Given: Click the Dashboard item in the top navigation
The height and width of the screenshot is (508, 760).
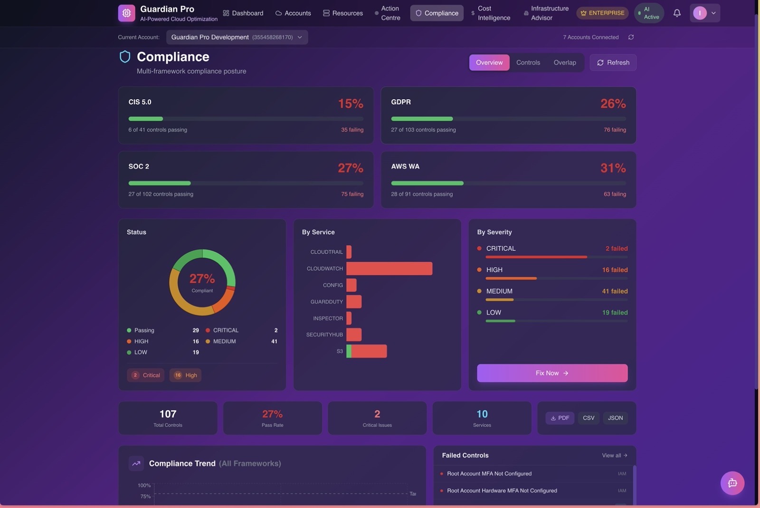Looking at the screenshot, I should tap(243, 13).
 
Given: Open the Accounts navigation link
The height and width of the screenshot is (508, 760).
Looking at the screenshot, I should tap(293, 13).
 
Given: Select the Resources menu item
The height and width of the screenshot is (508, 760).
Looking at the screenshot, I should tap(343, 13).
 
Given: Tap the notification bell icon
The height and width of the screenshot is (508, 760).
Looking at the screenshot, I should tap(677, 13).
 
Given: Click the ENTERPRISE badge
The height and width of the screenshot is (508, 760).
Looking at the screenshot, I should tap(602, 13).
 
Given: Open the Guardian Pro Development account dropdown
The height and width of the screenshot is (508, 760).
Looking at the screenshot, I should tap(237, 37).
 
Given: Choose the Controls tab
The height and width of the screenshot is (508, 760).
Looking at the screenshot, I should tap(528, 63).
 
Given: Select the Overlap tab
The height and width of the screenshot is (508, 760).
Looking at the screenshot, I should tap(565, 63).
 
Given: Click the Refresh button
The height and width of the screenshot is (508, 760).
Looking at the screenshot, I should tap(613, 63).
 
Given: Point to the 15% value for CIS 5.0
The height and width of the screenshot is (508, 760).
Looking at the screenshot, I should tap(351, 104).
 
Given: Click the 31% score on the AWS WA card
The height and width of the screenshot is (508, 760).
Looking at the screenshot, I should tap(613, 168).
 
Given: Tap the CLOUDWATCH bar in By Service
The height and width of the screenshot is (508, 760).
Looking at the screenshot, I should tap(389, 268).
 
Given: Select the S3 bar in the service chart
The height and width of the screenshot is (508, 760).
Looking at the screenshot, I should tap(367, 351).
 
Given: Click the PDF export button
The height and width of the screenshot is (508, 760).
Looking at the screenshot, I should tap(560, 418).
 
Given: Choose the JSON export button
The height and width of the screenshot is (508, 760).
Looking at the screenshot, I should tap(615, 418).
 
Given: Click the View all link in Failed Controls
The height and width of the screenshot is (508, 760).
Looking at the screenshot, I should tap(614, 455).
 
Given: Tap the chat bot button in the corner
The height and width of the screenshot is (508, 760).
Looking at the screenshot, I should tap(732, 483).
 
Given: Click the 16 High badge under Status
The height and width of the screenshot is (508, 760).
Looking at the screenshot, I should tap(185, 375).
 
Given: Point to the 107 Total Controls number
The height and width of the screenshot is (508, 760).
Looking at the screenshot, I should tap(168, 414).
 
